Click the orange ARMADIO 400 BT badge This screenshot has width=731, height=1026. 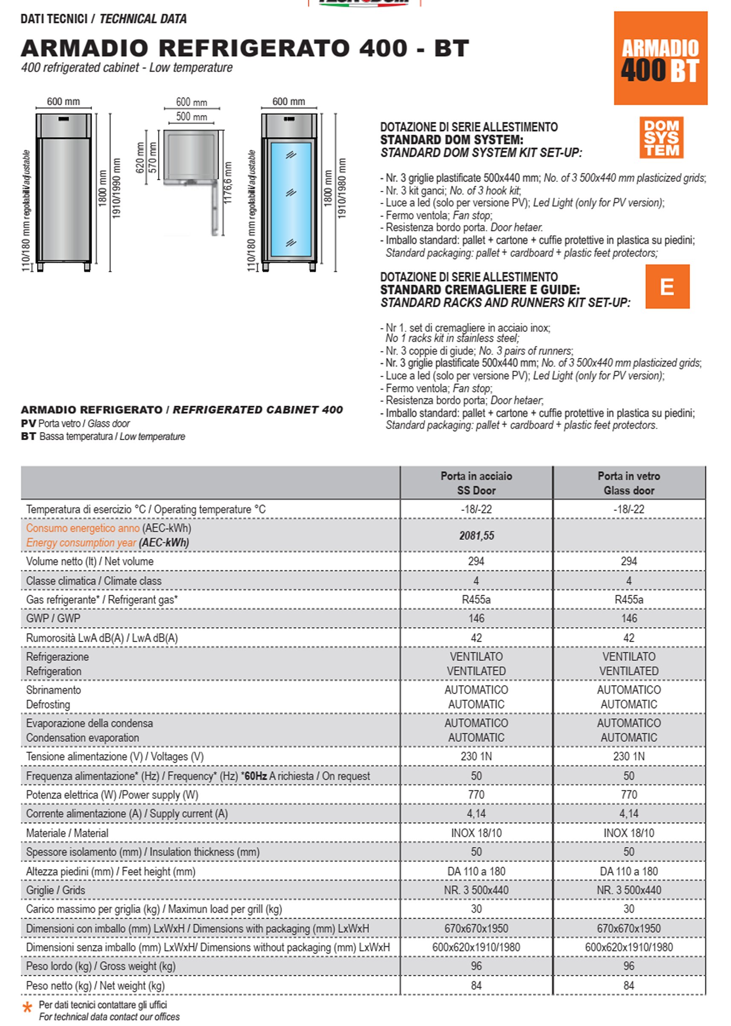pos(660,58)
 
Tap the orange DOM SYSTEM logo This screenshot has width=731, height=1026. pos(661,137)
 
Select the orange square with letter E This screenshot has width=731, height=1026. pos(667,286)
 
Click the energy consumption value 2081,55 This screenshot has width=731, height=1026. pos(476,535)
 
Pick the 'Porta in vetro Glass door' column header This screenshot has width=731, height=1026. pos(628,483)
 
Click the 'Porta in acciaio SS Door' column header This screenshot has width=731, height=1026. pos(476,483)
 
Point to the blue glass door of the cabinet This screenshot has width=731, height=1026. pos(291,198)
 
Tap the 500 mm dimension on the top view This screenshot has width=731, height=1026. pos(191,117)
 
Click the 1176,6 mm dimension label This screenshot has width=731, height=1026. pos(228,182)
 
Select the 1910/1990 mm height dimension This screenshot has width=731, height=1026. pos(117,188)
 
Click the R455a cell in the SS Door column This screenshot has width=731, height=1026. pos(476,599)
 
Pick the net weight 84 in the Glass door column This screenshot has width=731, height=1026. pos(628,985)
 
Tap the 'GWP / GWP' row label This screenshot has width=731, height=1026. pos(53,618)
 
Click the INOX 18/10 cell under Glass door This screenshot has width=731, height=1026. pos(628,833)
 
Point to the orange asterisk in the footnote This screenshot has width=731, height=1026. pos(27,1008)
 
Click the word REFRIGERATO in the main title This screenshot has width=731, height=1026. pos(254,48)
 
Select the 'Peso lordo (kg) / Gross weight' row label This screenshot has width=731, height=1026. pos(101,965)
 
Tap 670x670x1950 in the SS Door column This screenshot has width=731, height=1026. pos(476,928)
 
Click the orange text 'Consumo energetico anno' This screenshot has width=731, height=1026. pos(83,528)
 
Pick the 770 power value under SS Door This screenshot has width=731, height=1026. pos(476,795)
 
